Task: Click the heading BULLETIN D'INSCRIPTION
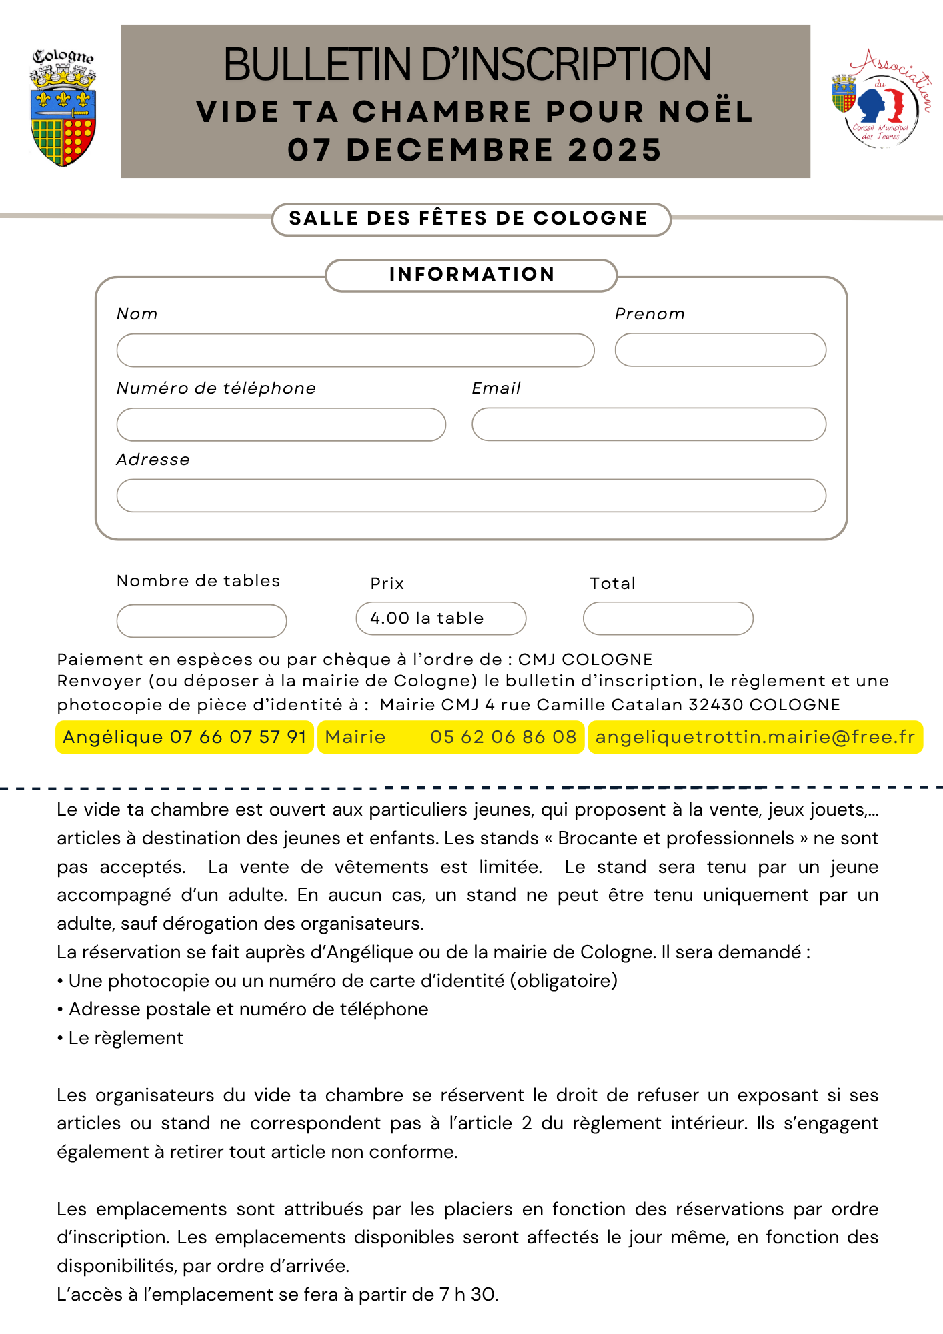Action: tap(467, 65)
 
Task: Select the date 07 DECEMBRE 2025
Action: tap(474, 150)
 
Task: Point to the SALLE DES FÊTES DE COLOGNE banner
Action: tap(471, 219)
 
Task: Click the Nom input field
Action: tap(355, 350)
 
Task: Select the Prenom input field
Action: tap(720, 350)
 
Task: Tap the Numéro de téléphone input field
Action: tap(281, 424)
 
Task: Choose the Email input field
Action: tap(648, 424)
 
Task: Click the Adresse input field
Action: tap(471, 496)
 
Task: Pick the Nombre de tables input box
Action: tap(201, 621)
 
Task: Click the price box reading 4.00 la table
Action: tap(440, 618)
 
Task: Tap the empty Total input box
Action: tap(668, 618)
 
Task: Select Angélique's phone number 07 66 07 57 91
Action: tap(238, 737)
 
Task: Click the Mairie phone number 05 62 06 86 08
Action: tap(503, 737)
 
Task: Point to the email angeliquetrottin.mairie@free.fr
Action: tap(755, 737)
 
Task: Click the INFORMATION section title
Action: tap(471, 275)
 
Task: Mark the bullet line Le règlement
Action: tap(125, 1038)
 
